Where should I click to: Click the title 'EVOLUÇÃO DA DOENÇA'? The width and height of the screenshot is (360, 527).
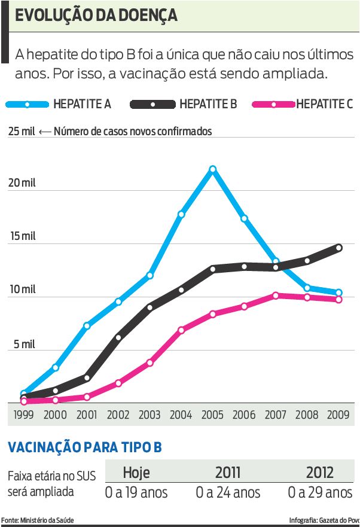[96, 16]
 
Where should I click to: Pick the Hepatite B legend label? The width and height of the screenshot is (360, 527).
[208, 104]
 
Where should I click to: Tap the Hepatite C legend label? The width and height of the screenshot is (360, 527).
[324, 104]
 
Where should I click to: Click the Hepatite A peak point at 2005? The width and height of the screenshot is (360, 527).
[212, 169]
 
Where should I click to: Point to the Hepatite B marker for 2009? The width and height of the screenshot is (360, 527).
[338, 248]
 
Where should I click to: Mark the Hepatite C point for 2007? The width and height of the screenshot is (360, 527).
[275, 296]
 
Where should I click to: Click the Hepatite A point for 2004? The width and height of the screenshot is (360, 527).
[181, 214]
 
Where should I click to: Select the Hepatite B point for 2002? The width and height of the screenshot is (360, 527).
[118, 337]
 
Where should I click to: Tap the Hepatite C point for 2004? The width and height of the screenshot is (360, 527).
[181, 330]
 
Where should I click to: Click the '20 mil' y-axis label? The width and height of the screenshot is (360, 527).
[22, 183]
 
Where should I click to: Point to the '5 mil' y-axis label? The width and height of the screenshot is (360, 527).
[22, 345]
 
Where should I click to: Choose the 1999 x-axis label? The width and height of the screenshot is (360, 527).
[23, 415]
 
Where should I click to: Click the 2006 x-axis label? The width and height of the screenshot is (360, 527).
[243, 415]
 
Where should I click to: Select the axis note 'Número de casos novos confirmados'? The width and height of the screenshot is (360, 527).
[133, 131]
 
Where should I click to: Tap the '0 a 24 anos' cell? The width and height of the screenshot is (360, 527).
[228, 492]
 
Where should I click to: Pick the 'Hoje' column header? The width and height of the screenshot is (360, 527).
[136, 472]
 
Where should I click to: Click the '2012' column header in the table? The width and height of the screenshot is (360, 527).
[320, 472]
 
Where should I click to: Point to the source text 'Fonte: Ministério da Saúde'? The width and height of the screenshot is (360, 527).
[37, 520]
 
